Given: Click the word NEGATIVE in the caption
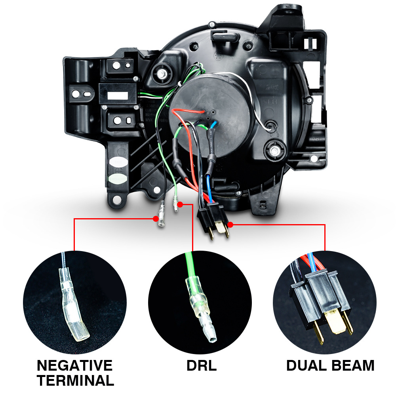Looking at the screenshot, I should click(74, 365).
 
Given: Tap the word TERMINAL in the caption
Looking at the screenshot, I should click(75, 381).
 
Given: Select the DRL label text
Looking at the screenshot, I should click(202, 366).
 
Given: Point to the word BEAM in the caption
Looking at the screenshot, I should click(353, 366).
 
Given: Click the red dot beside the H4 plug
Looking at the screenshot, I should click(230, 225).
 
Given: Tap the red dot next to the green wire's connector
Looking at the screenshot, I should click(180, 205).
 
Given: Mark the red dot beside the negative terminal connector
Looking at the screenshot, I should click(156, 218).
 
